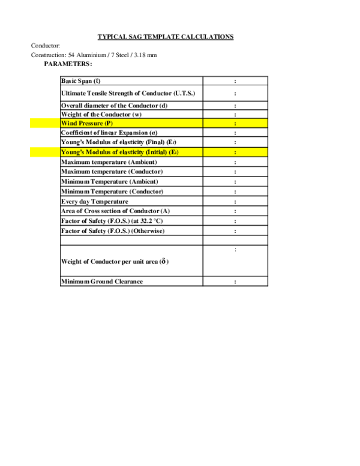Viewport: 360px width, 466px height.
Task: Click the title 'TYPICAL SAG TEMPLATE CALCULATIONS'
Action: click(166, 37)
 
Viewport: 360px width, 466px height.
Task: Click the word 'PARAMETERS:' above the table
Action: click(68, 64)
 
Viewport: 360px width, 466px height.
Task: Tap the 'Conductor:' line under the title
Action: click(46, 46)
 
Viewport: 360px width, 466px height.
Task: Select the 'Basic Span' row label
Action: click(81, 81)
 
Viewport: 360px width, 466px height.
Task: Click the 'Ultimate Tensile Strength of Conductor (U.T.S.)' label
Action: click(128, 93)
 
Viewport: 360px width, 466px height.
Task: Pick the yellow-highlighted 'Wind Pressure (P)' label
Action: click(87, 123)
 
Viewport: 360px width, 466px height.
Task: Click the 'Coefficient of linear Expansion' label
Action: click(109, 133)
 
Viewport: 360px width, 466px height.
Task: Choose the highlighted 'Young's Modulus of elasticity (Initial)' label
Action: click(120, 152)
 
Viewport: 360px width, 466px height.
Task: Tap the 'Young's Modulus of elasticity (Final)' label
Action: click(119, 142)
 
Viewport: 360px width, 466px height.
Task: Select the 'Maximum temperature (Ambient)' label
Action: click(109, 162)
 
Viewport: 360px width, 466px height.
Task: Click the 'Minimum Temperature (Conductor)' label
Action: click(112, 192)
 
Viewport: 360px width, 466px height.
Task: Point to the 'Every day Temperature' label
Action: click(95, 202)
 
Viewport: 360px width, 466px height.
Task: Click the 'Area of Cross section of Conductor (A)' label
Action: click(116, 211)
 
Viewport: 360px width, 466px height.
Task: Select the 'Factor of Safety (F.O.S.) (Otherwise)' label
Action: click(113, 231)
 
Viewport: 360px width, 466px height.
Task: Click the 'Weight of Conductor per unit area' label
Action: click(115, 262)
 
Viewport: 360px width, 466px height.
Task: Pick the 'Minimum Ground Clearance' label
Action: click(102, 282)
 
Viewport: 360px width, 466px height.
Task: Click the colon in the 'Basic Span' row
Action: click(235, 81)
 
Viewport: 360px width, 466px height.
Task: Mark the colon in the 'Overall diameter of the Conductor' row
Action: click(235, 106)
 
